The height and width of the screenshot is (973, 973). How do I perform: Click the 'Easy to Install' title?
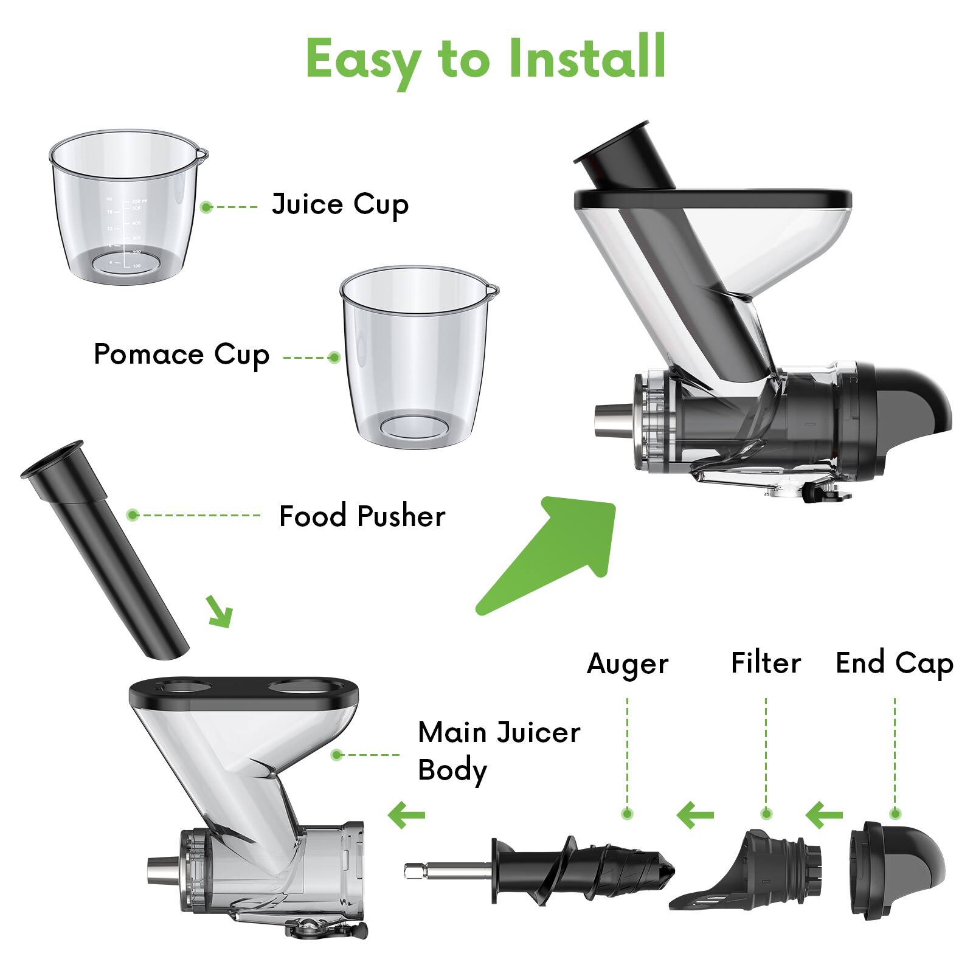(x=485, y=59)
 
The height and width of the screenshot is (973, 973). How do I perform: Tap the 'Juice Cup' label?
(x=340, y=204)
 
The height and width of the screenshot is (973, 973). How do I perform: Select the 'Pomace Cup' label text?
(x=181, y=355)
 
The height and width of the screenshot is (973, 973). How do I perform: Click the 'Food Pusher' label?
(x=362, y=516)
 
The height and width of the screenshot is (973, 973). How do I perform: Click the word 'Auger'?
(x=627, y=663)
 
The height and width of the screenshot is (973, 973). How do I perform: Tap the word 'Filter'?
(x=766, y=663)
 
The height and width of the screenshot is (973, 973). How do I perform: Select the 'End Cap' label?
(x=894, y=663)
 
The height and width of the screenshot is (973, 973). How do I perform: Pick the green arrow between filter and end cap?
(x=825, y=814)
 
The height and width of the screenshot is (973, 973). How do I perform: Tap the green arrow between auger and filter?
(x=695, y=815)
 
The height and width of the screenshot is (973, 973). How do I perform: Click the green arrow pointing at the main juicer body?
(x=407, y=815)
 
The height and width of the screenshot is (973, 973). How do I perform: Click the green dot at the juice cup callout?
(x=206, y=207)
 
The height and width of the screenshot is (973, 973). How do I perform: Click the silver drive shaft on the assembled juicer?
(x=611, y=420)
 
